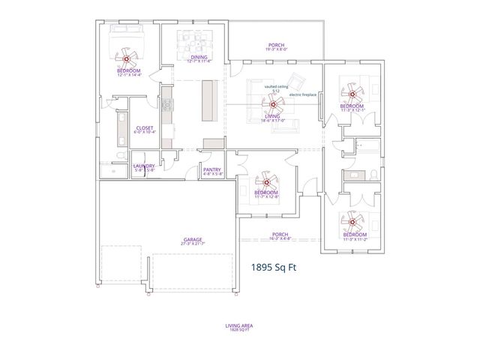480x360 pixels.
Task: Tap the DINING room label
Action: click(x=199, y=58)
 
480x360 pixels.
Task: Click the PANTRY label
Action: click(x=212, y=171)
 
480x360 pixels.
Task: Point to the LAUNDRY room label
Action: click(x=143, y=168)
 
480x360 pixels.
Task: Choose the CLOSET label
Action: click(x=144, y=130)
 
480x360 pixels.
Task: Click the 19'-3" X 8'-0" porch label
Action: click(x=275, y=46)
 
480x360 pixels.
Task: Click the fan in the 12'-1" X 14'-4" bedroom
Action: click(x=127, y=57)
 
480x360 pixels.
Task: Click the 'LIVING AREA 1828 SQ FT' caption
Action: click(x=239, y=327)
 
